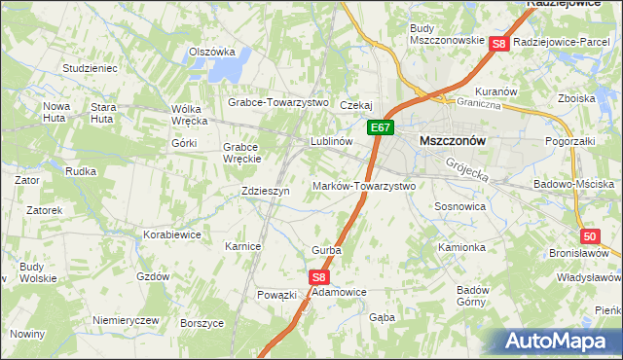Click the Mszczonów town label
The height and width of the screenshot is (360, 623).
[x=452, y=140]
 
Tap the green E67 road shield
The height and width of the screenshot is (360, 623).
[x=380, y=126]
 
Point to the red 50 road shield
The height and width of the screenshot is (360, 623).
[x=590, y=236]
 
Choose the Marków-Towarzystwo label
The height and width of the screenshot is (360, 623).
[x=364, y=186]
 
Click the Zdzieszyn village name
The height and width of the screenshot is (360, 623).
[x=266, y=192]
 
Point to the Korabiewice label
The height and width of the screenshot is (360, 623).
[x=172, y=234]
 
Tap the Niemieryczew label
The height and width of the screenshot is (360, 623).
[x=125, y=320]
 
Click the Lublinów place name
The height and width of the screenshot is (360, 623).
[x=330, y=141]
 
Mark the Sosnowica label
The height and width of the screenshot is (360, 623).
[x=460, y=207]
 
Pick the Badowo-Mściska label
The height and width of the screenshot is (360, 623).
[x=574, y=184]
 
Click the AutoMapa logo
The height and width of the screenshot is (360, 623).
[x=560, y=341]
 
